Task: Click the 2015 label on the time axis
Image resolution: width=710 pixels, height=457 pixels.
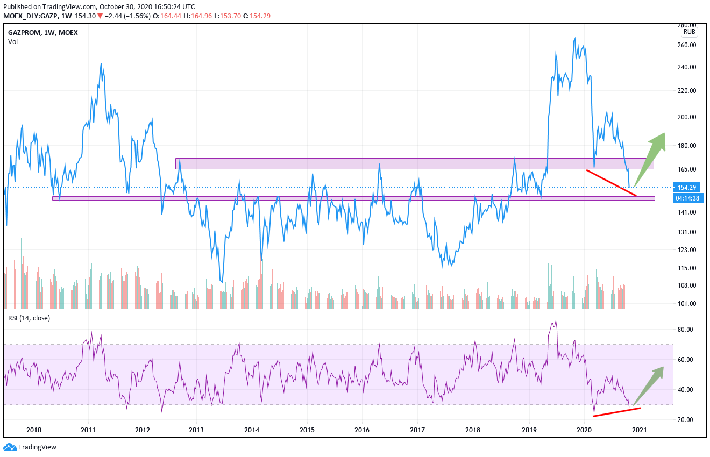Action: (x=307, y=430)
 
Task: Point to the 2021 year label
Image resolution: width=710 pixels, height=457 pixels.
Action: (x=640, y=430)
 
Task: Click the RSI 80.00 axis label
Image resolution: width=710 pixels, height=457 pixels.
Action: (x=687, y=330)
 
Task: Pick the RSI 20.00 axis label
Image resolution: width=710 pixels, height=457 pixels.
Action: (x=687, y=420)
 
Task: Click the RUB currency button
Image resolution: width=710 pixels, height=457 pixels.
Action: (x=689, y=32)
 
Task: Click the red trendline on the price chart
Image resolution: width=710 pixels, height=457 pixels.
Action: (x=611, y=183)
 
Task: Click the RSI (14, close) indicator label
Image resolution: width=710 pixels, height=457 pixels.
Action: (x=29, y=318)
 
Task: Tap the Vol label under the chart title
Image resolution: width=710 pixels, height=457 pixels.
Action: (x=13, y=42)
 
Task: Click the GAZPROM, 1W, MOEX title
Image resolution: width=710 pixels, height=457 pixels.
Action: (x=43, y=32)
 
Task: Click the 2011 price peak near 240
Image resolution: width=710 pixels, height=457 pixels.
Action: (x=101, y=64)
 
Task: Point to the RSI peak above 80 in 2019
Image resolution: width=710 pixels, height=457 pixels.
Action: (x=556, y=320)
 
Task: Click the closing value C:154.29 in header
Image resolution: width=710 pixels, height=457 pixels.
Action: (x=257, y=16)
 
